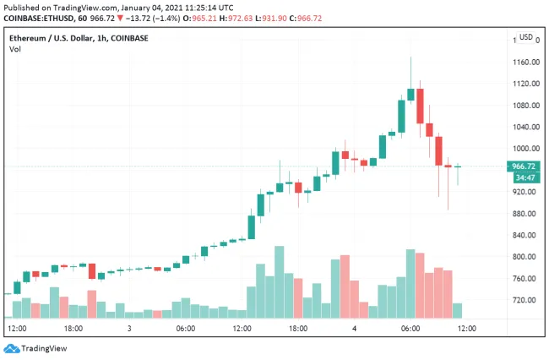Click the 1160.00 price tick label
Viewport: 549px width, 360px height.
[525, 63]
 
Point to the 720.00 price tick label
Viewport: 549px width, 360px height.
[524, 300]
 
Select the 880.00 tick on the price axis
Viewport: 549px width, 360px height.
[524, 214]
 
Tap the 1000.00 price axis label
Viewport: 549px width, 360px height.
[525, 149]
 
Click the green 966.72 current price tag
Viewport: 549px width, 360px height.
[525, 166]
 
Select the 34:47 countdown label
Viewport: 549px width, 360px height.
[525, 177]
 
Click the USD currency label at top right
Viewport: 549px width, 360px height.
[526, 37]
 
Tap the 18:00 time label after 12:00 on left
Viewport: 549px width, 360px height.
[73, 328]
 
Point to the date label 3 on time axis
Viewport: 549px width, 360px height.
[129, 328]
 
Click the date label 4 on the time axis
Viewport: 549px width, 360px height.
[355, 328]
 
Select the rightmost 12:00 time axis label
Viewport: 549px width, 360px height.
[466, 328]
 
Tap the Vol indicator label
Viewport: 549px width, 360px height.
[15, 50]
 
